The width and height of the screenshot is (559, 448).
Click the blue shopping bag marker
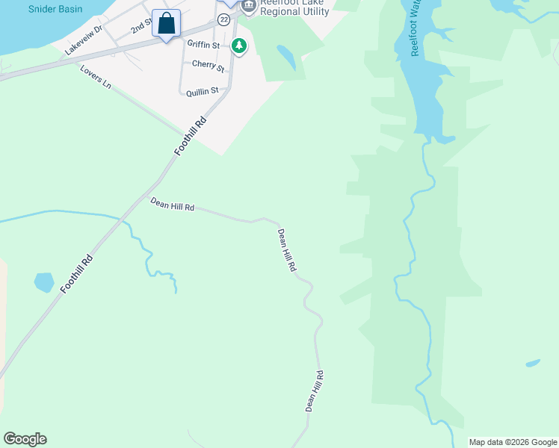[x=166, y=23]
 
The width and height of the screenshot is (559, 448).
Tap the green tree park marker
[x=239, y=46]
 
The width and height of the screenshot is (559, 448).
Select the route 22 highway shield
[x=224, y=19]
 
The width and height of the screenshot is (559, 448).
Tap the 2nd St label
[x=140, y=27]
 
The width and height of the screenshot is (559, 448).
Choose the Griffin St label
[x=203, y=45]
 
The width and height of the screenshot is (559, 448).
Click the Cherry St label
[x=208, y=65]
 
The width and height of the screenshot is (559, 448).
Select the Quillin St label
[x=203, y=91]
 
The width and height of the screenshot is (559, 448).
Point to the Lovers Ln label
[x=95, y=78]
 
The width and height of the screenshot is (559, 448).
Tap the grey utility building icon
[x=248, y=5]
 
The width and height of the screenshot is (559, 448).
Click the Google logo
[x=25, y=439]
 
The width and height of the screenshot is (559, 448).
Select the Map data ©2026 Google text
[x=513, y=442]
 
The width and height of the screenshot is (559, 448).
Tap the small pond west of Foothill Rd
[x=44, y=282]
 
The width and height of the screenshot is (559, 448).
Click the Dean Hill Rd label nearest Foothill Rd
[x=173, y=205]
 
